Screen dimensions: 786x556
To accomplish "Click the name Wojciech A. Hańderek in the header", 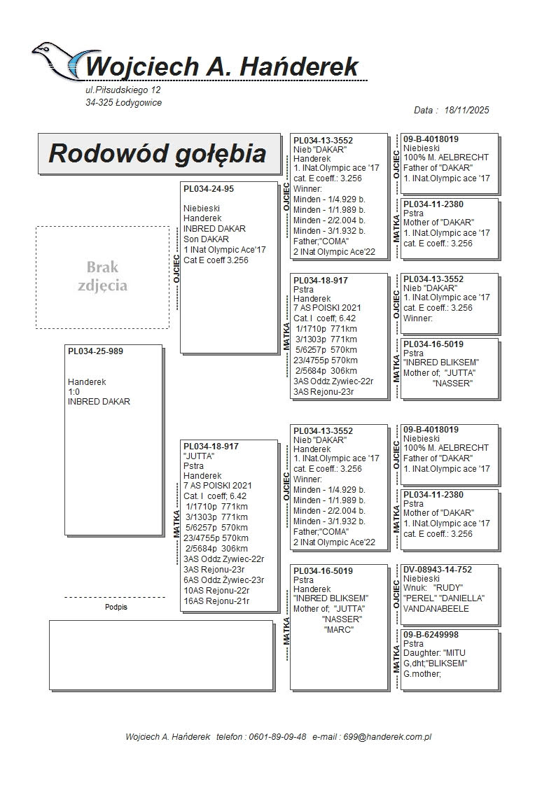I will click(x=222, y=67).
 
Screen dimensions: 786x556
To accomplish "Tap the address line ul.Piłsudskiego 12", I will click(x=123, y=90).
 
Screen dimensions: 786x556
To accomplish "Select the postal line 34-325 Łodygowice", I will click(x=123, y=103).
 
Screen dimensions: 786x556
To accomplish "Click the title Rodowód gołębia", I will click(x=158, y=154).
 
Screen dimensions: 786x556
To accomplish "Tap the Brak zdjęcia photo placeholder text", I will click(x=102, y=276).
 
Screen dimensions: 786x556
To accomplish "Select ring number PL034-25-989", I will click(x=95, y=351).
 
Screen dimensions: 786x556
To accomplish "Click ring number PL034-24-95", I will click(x=209, y=189).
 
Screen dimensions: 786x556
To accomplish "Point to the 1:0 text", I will click(x=74, y=392).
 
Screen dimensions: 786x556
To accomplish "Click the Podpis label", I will click(x=116, y=607).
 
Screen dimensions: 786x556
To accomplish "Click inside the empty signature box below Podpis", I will click(x=160, y=654).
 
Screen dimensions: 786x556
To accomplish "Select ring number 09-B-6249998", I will click(x=431, y=634).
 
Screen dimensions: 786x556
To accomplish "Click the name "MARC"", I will click(x=338, y=630).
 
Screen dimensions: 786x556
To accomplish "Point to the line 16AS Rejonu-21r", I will click(x=216, y=601).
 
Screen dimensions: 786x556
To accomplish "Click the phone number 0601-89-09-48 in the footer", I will click(x=274, y=737).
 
